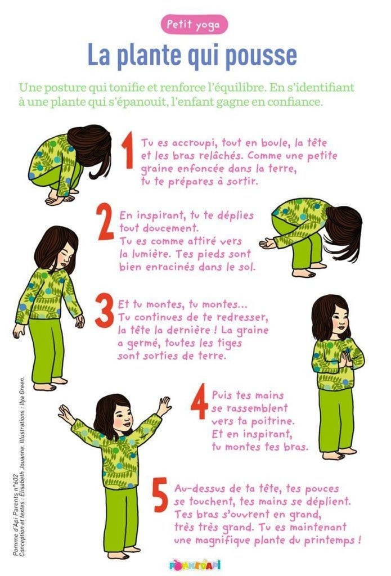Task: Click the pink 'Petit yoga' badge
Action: tap(194, 25)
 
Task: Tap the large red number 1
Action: tap(128, 151)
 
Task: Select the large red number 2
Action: tap(106, 222)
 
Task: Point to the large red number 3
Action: tap(105, 310)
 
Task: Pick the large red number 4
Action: tap(200, 401)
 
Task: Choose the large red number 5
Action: tap(160, 494)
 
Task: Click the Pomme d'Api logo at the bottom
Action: tap(195, 565)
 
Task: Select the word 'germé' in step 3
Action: tap(145, 344)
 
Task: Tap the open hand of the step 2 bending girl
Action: tap(268, 243)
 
